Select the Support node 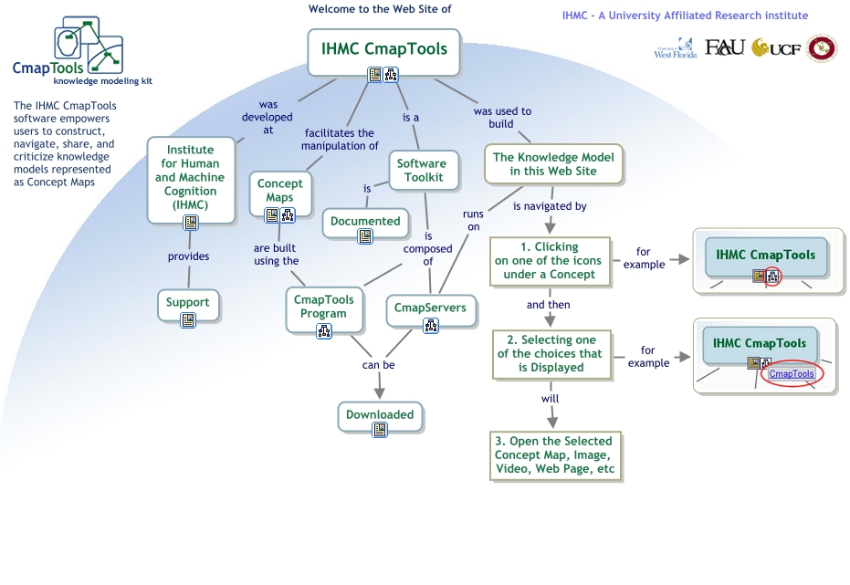188,302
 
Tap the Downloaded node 380,415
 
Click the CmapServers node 430,308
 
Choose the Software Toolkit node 421,171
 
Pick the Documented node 365,221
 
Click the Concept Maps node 279,191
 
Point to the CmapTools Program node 324,307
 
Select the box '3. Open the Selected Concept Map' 554,455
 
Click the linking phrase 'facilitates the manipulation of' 340,140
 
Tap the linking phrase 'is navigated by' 550,206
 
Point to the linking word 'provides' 188,256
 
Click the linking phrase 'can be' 379,365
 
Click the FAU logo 725,47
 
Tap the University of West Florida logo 676,49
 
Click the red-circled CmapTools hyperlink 792,374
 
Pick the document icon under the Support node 188,319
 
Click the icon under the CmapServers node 430,325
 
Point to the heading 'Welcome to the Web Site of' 380,9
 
